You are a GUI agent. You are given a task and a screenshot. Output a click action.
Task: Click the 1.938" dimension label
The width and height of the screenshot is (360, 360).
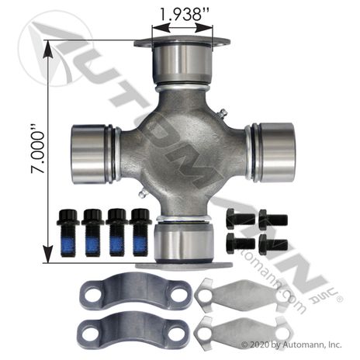point(185,15)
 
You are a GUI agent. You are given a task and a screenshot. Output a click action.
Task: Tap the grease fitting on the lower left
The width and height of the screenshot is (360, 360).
point(143,193)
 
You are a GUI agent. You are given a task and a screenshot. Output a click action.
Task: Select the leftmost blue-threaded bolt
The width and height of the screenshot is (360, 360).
point(68,233)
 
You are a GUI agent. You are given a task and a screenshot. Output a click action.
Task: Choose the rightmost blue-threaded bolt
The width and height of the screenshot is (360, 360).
point(140,232)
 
